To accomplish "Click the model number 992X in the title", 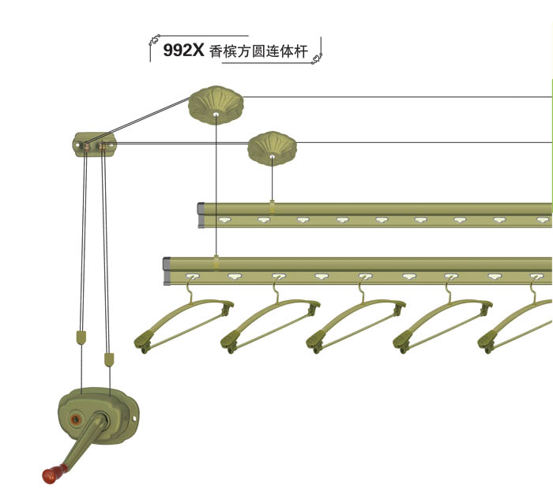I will pos(183,50).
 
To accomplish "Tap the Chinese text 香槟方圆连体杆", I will pos(258,51).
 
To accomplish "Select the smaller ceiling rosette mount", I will pos(272,147).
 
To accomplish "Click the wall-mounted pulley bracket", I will pos(95,145).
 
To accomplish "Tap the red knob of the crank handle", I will pos(54,474).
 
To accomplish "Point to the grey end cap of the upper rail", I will pos(201,215).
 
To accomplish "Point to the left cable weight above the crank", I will pos(80,338).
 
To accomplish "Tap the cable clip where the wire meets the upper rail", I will pos(272,206).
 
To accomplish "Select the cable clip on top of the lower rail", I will pos(216,260).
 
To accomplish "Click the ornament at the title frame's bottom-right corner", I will pos(317,59).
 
